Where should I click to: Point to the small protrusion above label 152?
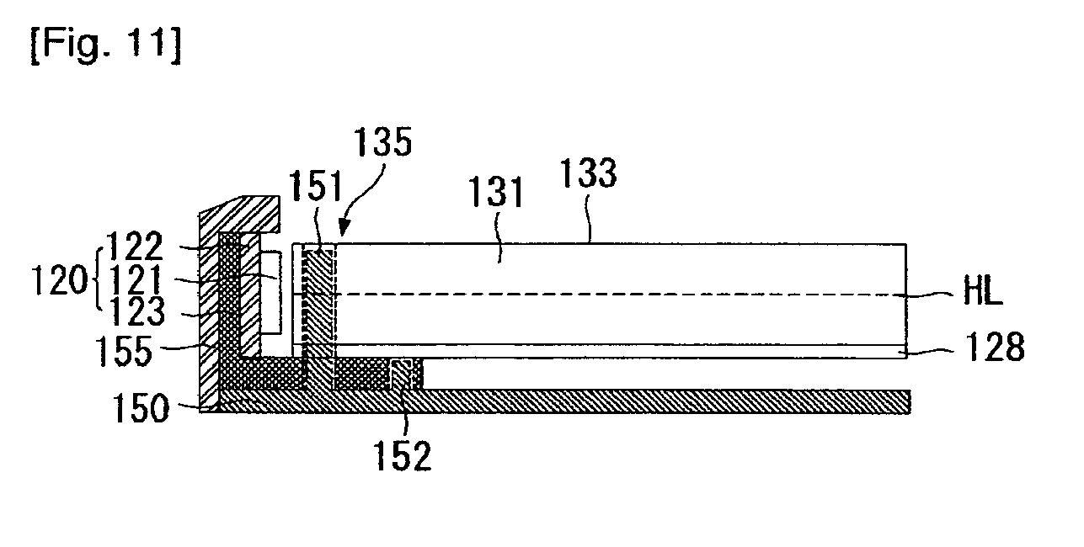[x=403, y=373]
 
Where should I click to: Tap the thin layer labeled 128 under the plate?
[x=623, y=351]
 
